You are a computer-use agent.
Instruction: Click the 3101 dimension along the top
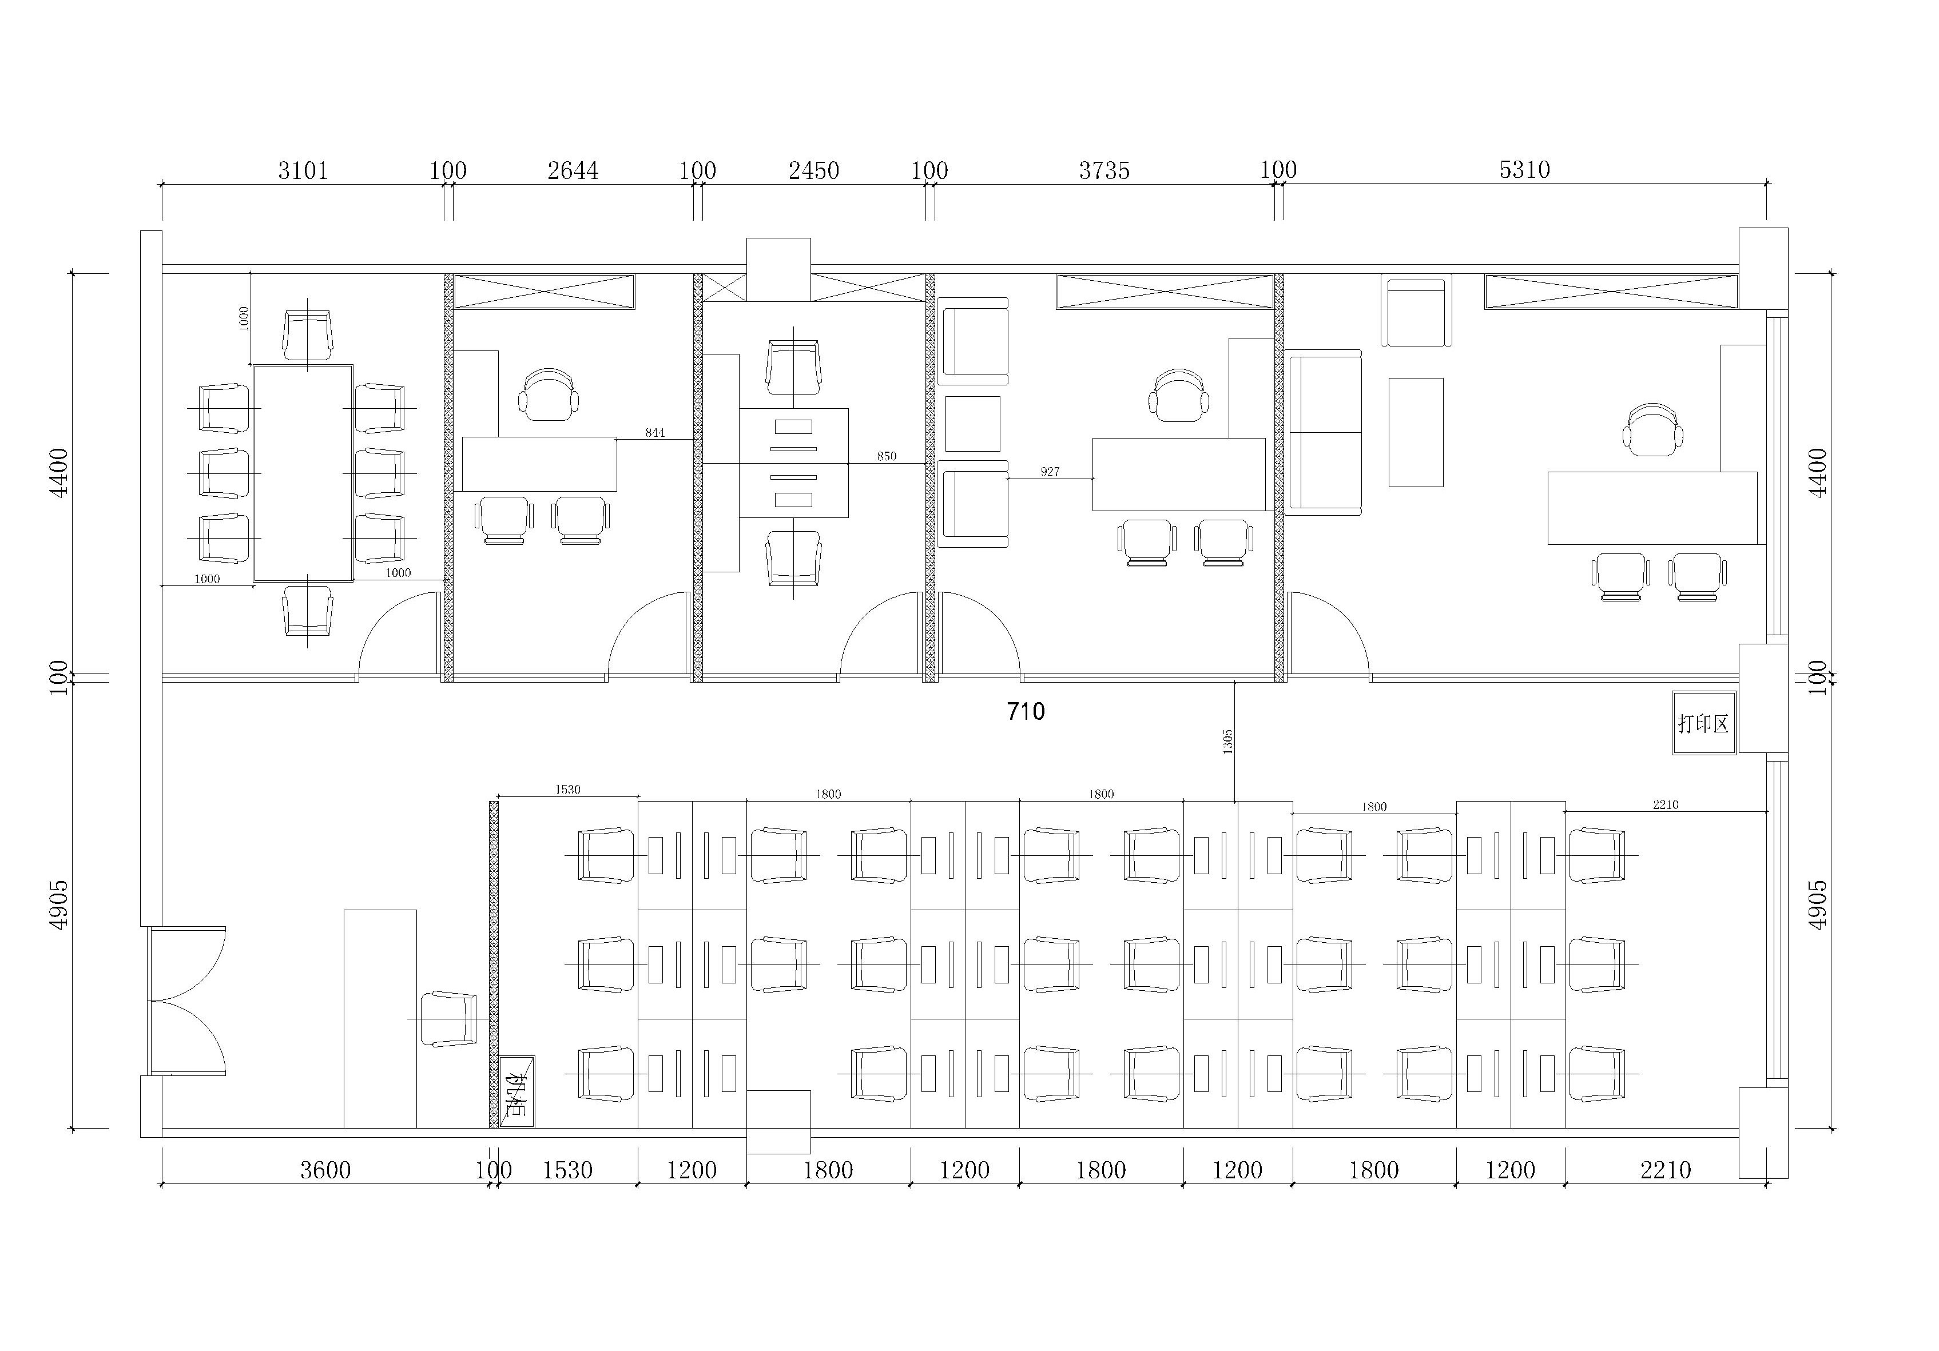(x=303, y=170)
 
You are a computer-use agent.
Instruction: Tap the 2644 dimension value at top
(x=573, y=170)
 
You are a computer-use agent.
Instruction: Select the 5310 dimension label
(x=1524, y=170)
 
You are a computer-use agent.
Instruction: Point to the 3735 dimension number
(x=1104, y=170)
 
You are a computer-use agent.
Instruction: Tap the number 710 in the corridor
(x=1025, y=712)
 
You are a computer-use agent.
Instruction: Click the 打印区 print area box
(x=1703, y=723)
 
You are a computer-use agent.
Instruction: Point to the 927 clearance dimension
(x=1050, y=471)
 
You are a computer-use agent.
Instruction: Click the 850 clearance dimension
(x=886, y=456)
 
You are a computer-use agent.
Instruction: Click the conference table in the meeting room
(x=303, y=473)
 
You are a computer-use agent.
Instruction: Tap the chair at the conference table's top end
(x=307, y=334)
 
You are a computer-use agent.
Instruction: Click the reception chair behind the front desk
(x=448, y=1019)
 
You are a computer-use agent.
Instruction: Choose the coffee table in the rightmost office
(x=1416, y=432)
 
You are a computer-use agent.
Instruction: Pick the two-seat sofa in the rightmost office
(x=1325, y=432)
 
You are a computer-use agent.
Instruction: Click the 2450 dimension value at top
(x=813, y=170)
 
